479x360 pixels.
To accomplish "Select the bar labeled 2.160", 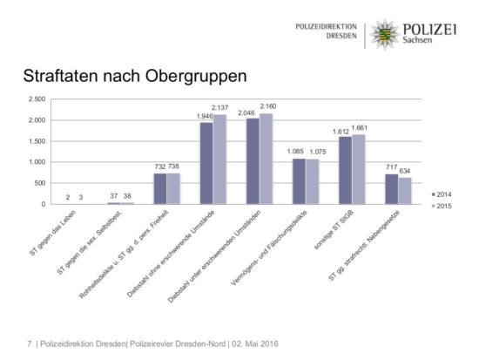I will pyautogui.click(x=266, y=159).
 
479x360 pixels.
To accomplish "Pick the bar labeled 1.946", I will pyautogui.click(x=206, y=163).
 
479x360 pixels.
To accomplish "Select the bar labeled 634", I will pyautogui.click(x=405, y=190).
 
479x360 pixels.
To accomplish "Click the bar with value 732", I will pyautogui.click(x=159, y=188).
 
